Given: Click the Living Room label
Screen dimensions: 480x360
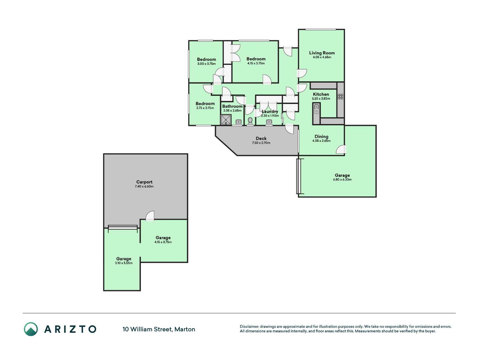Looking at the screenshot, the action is coord(322,53).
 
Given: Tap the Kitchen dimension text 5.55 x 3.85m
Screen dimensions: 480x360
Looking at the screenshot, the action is coord(321,99).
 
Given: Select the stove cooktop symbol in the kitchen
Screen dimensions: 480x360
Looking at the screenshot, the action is coord(341,96).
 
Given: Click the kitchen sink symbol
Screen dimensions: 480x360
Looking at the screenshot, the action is coord(316,109).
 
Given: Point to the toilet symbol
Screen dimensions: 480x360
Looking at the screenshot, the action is coord(250,121).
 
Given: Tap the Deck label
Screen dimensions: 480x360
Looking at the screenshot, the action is coord(261,138).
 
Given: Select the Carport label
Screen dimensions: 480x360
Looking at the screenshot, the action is coord(144,182).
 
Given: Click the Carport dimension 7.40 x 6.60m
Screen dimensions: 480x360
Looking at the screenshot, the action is coord(144,186).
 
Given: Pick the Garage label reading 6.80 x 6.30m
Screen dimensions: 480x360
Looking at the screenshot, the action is coord(342,175).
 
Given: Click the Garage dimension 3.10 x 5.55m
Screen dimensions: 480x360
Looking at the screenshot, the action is coord(124,263).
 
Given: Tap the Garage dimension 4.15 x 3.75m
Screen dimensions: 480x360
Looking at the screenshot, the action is coord(163,242).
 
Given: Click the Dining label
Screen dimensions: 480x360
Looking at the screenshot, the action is coord(321,137).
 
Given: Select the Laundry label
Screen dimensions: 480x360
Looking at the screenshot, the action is coord(270,111).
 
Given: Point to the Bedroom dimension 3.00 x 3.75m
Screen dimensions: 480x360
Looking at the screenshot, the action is coord(206,64).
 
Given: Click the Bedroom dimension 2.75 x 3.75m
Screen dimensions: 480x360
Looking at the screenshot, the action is coord(205,108).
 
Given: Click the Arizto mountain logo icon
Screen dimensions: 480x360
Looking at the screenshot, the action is coord(31,329).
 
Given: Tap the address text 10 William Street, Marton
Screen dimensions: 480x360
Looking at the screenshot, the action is coord(159,329).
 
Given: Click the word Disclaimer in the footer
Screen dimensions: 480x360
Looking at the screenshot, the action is coord(249,327).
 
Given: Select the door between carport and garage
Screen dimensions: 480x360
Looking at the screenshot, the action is coord(150,216).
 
